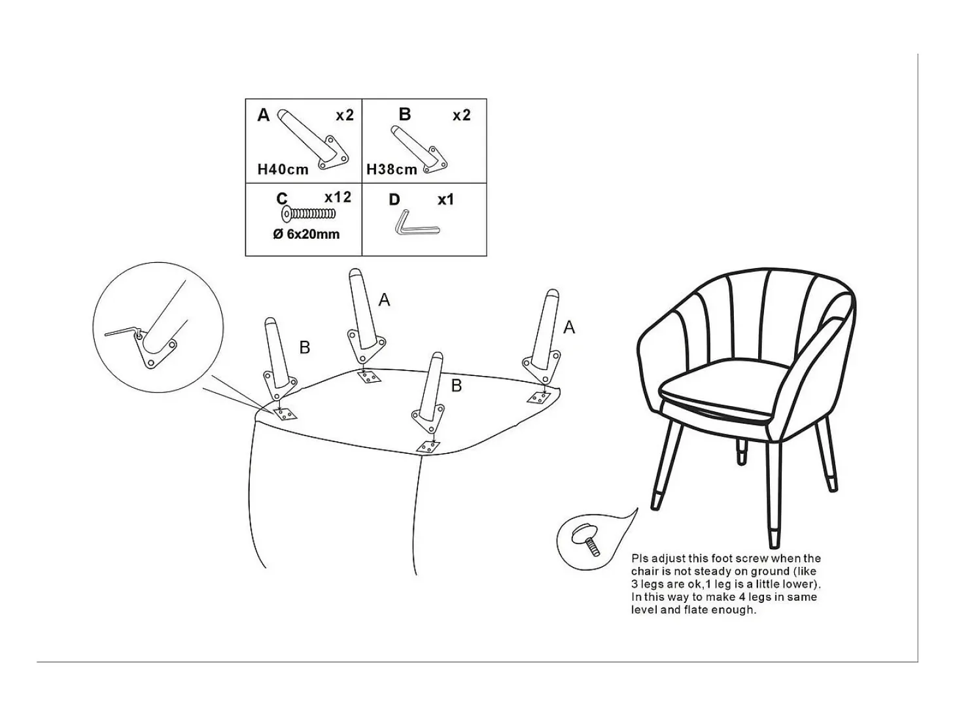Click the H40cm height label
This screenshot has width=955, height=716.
283,169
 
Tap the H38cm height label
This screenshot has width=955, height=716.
392,169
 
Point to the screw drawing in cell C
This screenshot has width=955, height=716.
309,214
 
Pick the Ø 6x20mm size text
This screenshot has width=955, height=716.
306,234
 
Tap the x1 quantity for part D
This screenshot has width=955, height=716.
445,199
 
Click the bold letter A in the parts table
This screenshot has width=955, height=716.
263,115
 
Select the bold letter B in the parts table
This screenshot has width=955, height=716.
405,114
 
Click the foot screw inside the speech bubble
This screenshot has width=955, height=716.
587,540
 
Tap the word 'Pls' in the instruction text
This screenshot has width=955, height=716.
640,558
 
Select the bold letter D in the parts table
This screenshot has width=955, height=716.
394,199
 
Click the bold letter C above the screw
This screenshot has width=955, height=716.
282,199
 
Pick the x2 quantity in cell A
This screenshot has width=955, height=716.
345,115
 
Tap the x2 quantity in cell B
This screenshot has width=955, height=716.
462,115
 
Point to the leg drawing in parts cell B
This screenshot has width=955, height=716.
419,149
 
